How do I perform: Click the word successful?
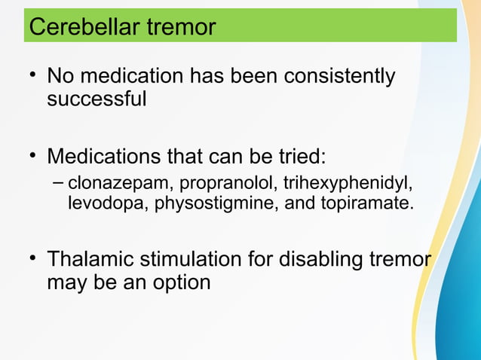coord(97,99)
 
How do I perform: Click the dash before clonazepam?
coord(60,185)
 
